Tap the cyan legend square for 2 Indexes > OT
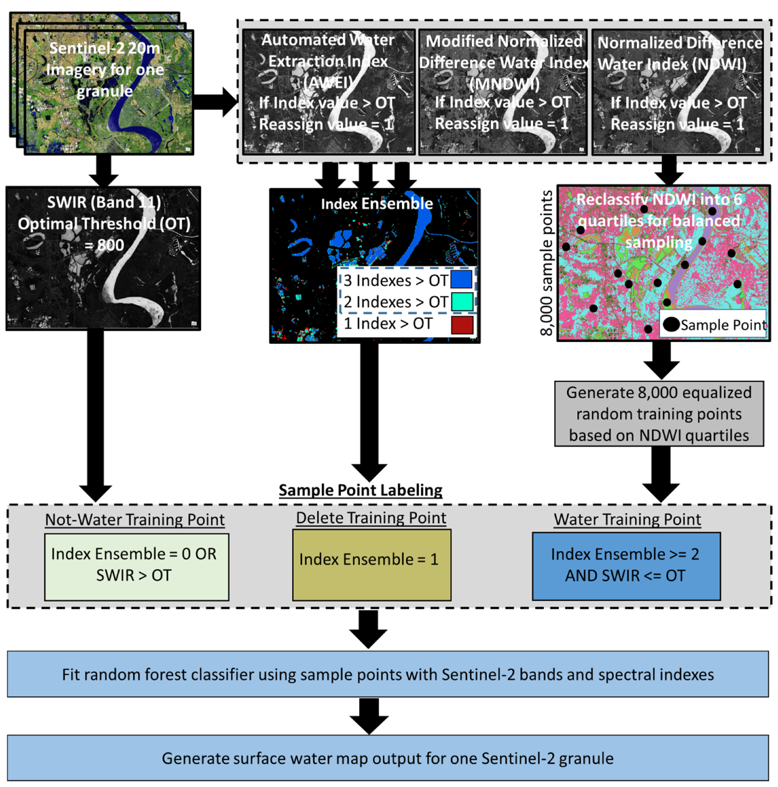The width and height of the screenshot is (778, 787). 462,302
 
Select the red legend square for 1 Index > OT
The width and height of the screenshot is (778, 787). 462,325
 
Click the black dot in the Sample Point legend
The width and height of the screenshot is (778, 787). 671,324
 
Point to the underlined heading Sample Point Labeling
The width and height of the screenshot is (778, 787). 360,490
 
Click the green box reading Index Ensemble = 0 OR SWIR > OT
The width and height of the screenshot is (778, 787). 136,567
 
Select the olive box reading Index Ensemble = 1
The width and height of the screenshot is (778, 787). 371,565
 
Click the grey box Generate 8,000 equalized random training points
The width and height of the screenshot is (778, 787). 658,413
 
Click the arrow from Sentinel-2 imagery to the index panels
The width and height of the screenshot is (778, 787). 215,102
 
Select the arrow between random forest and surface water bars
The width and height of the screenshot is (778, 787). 369,715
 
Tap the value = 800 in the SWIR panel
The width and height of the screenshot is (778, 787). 104,245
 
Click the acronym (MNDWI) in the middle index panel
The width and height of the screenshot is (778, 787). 504,84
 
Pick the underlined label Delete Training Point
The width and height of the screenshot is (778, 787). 371,518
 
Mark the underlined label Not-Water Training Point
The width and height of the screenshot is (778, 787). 134,519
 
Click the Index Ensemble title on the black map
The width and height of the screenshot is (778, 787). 377,204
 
